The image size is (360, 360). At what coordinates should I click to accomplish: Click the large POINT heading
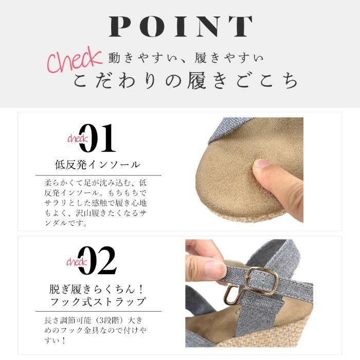(181, 26)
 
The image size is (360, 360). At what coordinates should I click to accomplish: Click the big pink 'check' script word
(74, 60)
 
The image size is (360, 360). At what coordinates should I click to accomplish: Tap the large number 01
(97, 138)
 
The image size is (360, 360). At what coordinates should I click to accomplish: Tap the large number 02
(97, 260)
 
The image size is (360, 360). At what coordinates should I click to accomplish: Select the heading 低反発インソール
(97, 165)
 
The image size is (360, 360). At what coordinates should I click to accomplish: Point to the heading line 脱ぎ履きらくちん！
(97, 289)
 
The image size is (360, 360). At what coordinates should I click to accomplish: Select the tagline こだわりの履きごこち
(186, 80)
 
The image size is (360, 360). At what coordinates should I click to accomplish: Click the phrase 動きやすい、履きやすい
(186, 58)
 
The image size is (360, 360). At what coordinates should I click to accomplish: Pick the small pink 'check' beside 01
(77, 138)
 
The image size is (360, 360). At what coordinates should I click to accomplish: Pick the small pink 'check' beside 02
(77, 262)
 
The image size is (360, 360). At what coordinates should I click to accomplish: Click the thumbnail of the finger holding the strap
(214, 269)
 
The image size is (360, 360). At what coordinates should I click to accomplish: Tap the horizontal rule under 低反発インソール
(99, 175)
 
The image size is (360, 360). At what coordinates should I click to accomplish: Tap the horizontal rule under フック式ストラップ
(99, 312)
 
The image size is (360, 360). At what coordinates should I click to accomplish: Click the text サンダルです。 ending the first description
(66, 223)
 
